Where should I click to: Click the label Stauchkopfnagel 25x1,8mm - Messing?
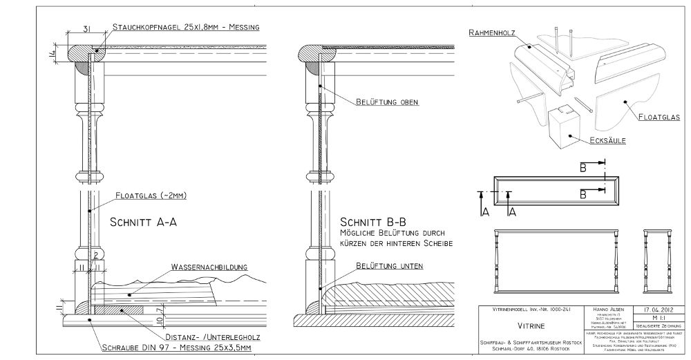coord(186,27)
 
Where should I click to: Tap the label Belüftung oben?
coord(388,102)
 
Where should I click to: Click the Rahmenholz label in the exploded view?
coord(493,32)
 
